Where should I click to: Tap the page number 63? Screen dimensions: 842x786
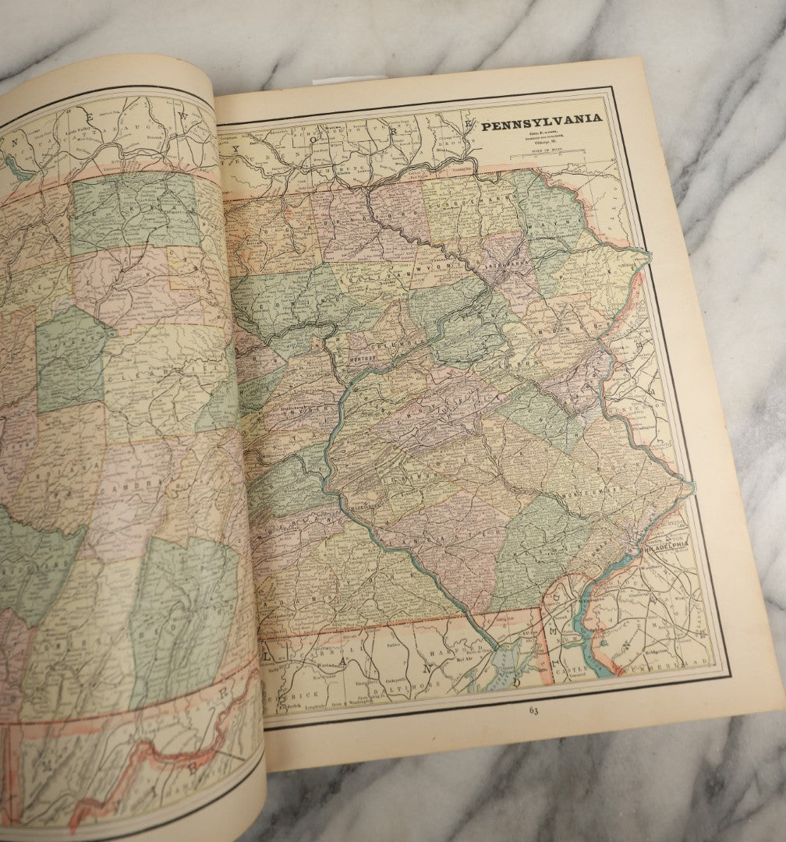coord(533,710)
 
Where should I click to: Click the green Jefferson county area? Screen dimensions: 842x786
coord(70,359)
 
